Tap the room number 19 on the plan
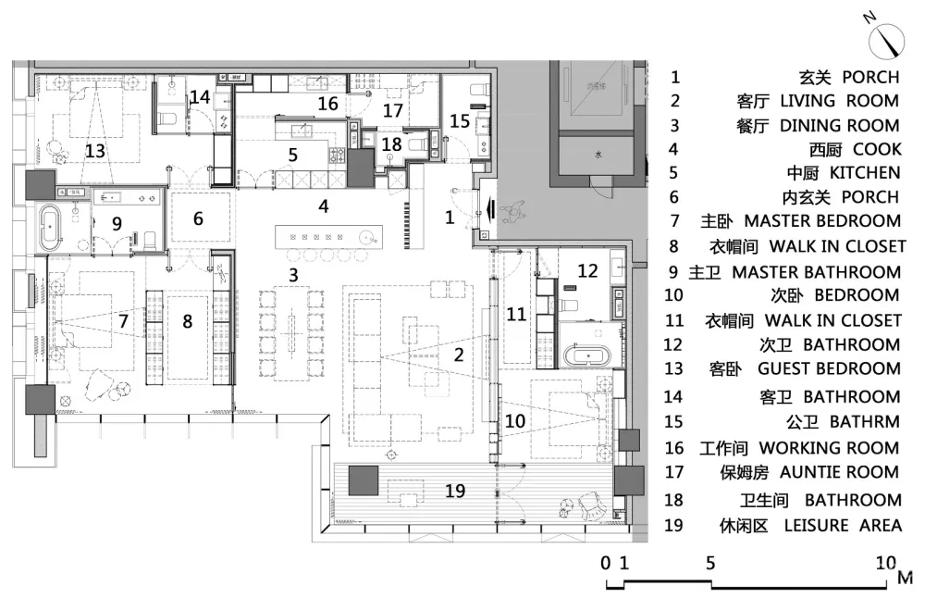tap(454, 491)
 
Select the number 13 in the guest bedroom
tap(95, 150)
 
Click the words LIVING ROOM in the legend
tap(839, 101)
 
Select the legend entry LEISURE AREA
tap(842, 525)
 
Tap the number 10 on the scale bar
tap(885, 562)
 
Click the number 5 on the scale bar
tap(710, 562)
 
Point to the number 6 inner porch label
tap(198, 218)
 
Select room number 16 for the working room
tap(327, 104)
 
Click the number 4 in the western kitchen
tap(324, 206)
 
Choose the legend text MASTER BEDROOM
tap(822, 221)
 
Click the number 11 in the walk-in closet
tap(516, 315)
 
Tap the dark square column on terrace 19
tap(364, 481)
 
